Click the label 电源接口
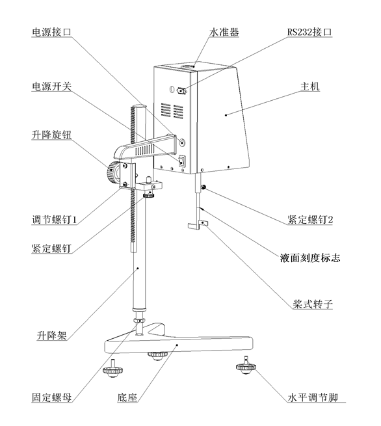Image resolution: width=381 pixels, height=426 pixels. coord(53,31)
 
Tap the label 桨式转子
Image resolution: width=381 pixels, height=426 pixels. coord(310,304)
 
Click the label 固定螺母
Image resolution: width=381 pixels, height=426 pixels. coord(53,395)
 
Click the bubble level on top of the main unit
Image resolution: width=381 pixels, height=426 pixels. coord(192,65)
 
